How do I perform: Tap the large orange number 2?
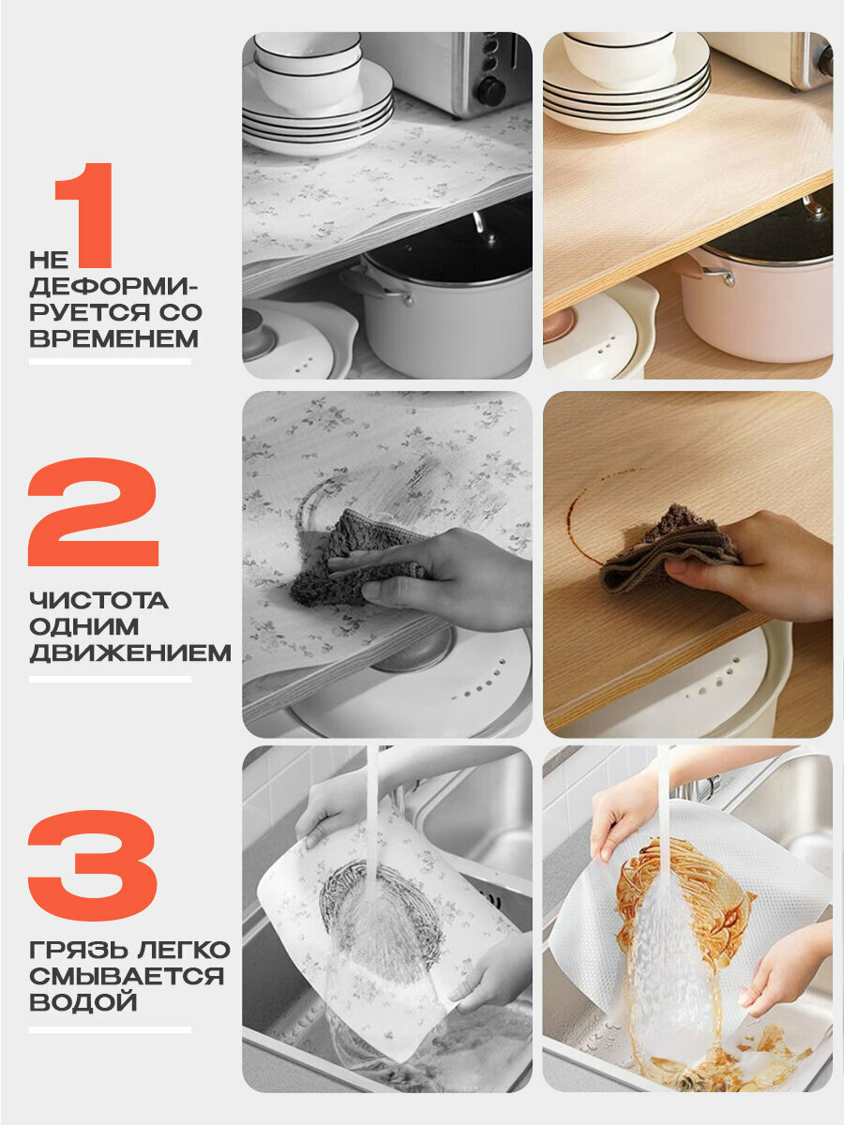click(x=93, y=513)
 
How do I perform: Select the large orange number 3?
click(x=92, y=866)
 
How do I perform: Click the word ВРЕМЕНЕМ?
click(x=113, y=338)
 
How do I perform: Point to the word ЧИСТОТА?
click(x=98, y=600)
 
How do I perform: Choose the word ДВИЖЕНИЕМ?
click(x=130, y=652)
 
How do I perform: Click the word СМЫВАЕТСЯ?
click(x=127, y=976)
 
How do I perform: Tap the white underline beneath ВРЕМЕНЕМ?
click(x=110, y=361)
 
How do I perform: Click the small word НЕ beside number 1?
click(x=49, y=260)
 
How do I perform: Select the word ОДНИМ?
click(x=84, y=627)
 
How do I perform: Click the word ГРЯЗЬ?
click(x=74, y=950)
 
